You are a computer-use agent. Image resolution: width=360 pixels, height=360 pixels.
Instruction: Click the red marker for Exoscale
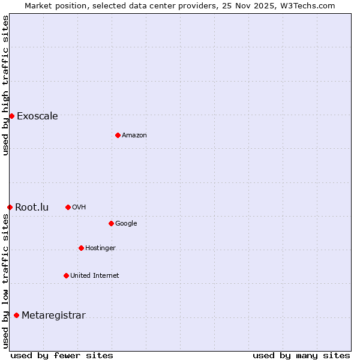(x=11, y=116)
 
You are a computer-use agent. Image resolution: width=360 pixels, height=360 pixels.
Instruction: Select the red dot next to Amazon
(x=118, y=135)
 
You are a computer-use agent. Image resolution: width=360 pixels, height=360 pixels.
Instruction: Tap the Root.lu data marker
(x=10, y=207)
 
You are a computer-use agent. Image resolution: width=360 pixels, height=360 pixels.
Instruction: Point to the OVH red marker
(x=68, y=207)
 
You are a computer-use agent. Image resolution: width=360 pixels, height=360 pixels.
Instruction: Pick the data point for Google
(x=111, y=223)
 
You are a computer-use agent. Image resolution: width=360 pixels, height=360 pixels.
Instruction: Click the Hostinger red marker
(x=81, y=248)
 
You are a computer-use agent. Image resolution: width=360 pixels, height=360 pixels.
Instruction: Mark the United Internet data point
(x=66, y=275)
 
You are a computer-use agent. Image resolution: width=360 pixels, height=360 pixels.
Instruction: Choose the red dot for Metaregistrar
(x=16, y=315)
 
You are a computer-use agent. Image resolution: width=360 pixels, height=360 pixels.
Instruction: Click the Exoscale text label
(x=37, y=116)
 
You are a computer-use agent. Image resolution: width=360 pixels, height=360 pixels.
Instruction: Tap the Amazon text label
(x=134, y=136)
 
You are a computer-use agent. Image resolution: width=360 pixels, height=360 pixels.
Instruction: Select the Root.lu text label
(x=32, y=208)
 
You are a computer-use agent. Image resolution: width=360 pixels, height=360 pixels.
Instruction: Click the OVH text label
(x=79, y=208)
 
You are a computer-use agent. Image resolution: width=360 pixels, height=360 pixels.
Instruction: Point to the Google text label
(x=126, y=224)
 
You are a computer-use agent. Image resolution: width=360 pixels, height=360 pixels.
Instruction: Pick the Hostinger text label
(x=100, y=248)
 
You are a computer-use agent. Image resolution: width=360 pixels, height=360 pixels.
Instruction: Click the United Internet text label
(x=95, y=276)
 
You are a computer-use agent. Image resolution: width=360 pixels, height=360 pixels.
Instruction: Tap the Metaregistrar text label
(x=53, y=316)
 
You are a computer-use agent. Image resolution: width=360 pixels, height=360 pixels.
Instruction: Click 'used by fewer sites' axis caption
(x=62, y=355)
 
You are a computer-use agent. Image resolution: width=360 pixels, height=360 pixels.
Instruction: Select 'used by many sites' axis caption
(x=301, y=355)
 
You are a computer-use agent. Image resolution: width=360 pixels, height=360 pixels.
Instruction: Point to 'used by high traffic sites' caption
(x=5, y=85)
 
